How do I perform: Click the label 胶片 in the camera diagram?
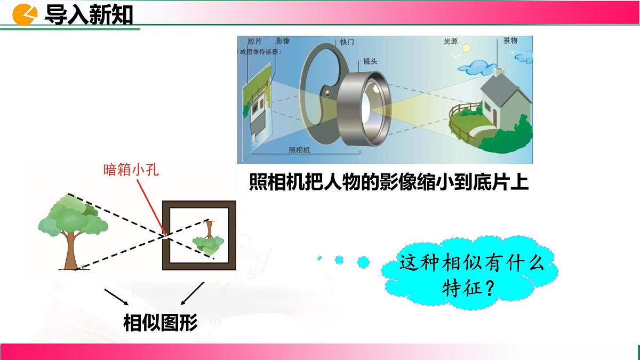tap(254, 41)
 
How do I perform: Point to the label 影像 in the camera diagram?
tap(283, 41)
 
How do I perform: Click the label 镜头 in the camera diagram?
tap(370, 61)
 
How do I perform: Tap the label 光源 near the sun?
tap(450, 41)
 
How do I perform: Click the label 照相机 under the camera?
tap(299, 151)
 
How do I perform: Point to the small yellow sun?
tap(466, 48)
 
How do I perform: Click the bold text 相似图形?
tap(161, 322)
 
